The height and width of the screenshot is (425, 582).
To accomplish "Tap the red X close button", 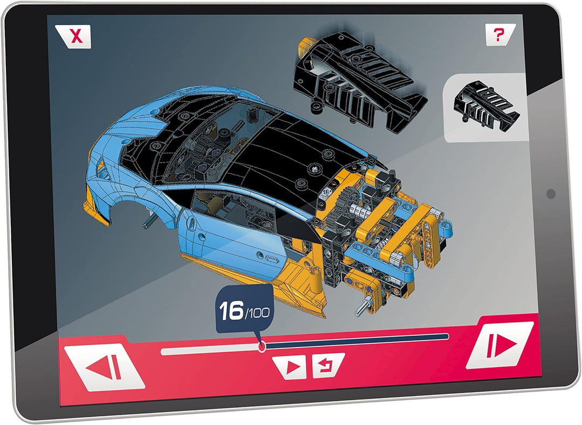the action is (x=74, y=36).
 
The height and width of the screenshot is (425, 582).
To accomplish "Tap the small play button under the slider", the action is (x=292, y=367).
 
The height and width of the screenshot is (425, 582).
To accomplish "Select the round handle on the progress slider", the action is (x=262, y=347).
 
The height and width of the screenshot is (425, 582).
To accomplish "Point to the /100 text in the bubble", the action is (x=257, y=313).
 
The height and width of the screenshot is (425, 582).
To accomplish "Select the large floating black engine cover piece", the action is (x=356, y=80).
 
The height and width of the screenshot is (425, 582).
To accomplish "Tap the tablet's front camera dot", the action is (x=551, y=194).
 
